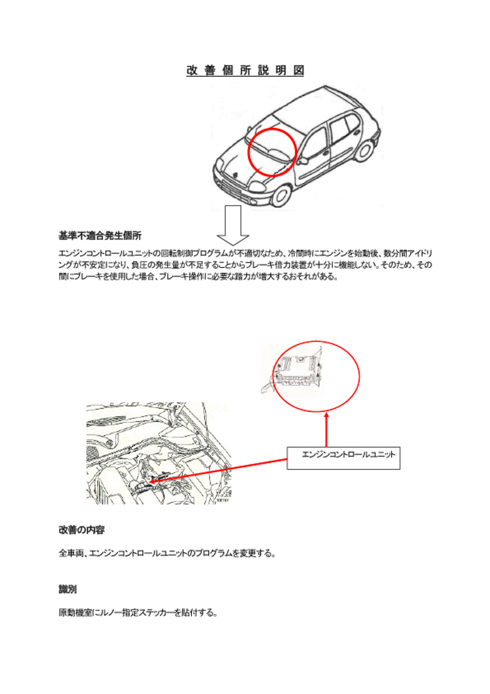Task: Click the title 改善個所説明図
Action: pyautogui.click(x=245, y=71)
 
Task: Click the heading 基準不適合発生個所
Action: pyautogui.click(x=100, y=235)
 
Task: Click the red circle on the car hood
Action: pyautogui.click(x=248, y=152)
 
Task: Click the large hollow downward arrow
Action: pyautogui.click(x=233, y=225)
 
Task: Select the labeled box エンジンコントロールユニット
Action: pyautogui.click(x=343, y=458)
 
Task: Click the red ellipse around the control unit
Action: pyautogui.click(x=274, y=376)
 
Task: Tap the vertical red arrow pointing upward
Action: pyautogui.click(x=326, y=430)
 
